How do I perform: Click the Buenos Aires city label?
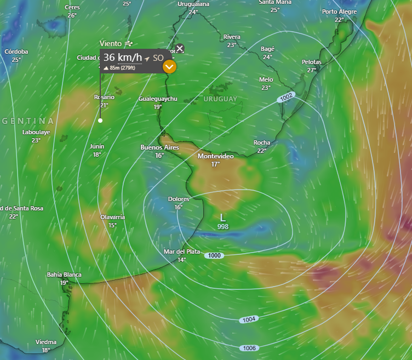click(160, 147)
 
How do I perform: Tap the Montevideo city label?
click(215, 157)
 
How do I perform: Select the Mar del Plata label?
click(182, 252)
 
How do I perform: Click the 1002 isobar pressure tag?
click(286, 96)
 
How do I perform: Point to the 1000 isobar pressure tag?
click(214, 255)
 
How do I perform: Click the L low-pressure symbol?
click(222, 218)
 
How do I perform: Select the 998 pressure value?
click(222, 226)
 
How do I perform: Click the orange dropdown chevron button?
click(170, 67)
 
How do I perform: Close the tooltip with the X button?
click(180, 48)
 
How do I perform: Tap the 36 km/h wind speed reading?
click(122, 57)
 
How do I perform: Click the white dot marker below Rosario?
click(100, 120)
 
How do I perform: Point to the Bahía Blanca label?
click(64, 275)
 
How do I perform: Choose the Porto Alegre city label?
click(339, 12)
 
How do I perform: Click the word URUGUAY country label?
click(220, 99)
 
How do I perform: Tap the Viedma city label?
click(46, 342)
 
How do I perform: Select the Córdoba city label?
click(16, 52)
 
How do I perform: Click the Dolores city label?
click(179, 199)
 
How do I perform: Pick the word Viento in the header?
click(111, 43)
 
